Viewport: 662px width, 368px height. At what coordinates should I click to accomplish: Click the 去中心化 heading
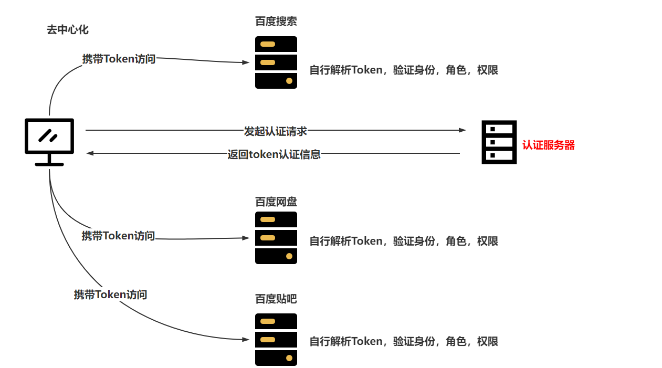coord(67,30)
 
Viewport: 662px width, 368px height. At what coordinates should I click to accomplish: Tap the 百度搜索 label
coord(276,22)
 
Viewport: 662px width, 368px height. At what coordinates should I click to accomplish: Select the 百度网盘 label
coord(276,202)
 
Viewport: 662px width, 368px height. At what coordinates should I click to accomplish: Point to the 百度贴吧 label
coord(276,299)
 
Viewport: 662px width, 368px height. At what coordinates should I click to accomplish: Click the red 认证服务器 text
coord(548,145)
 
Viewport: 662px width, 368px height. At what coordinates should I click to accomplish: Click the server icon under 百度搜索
coord(276,62)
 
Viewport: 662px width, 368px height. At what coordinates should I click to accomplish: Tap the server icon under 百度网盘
coord(276,238)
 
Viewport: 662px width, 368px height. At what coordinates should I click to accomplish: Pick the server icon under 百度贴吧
coord(276,340)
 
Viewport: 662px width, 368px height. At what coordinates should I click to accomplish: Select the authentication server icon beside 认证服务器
coord(499,142)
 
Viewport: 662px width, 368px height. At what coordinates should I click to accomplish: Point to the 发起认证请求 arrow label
coord(275,131)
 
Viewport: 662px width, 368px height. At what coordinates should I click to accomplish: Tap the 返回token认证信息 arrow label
coord(274,154)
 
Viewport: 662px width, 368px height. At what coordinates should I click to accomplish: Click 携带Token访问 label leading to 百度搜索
coord(119,59)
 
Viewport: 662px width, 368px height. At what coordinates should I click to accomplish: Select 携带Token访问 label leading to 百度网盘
coord(118,236)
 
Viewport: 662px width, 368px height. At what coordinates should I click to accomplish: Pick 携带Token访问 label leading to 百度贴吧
coord(110,295)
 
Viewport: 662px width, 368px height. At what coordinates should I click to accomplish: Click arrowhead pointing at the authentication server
coord(462,130)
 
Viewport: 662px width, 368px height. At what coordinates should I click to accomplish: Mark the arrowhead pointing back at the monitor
coord(90,153)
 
